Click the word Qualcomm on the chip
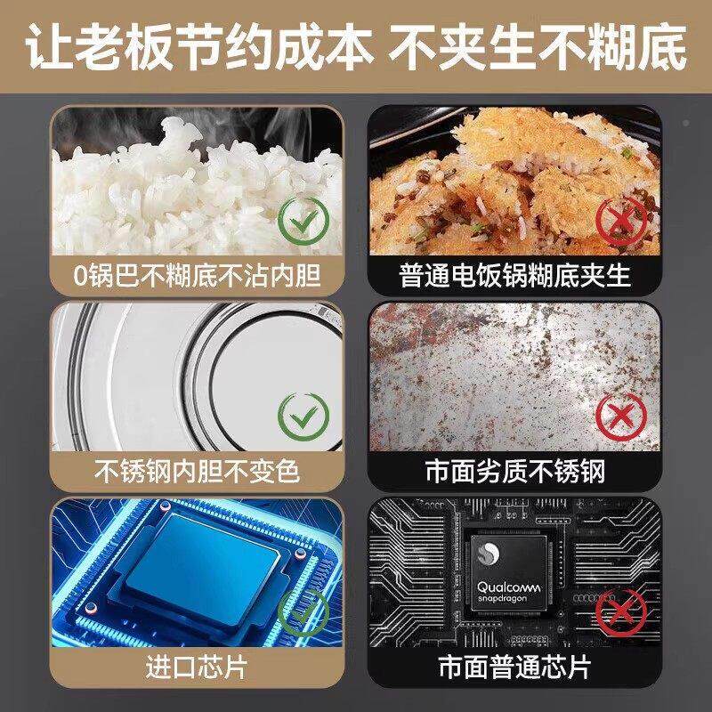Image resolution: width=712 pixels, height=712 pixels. coord(513,588)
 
